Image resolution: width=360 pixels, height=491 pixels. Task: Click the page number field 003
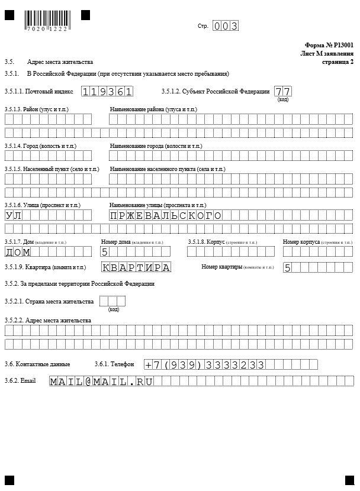coord(226,26)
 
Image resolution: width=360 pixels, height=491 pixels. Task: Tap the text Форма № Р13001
coord(329,45)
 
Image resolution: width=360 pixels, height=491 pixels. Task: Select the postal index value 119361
coord(107,92)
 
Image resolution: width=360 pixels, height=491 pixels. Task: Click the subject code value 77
coord(282,92)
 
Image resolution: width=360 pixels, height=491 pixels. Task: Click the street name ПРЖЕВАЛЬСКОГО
coord(165,215)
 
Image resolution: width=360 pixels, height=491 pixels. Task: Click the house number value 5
coord(105,252)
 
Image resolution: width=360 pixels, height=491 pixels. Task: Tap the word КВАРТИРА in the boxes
coord(136,267)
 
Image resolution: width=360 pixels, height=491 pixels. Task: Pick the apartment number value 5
coord(287,267)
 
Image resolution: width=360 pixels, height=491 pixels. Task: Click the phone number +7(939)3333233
coord(205,364)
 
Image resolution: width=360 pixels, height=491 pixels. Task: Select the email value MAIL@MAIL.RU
coord(101,382)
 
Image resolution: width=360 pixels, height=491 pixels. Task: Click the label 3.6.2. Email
coord(20,380)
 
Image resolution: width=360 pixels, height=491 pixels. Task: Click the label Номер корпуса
coord(301,242)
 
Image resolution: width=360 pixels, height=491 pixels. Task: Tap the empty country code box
coord(112,302)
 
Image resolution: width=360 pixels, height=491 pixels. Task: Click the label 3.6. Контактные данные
coord(37,364)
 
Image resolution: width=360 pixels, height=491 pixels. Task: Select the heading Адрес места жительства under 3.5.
coord(60,62)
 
